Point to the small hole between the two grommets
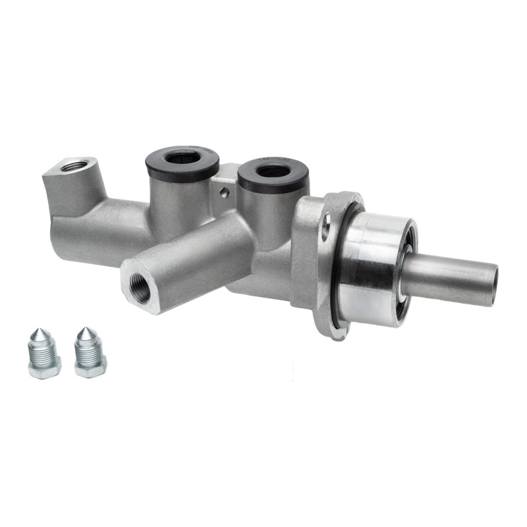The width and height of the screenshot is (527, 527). [225, 193]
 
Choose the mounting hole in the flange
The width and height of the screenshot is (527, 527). [325, 228]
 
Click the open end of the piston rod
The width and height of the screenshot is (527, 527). [492, 285]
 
